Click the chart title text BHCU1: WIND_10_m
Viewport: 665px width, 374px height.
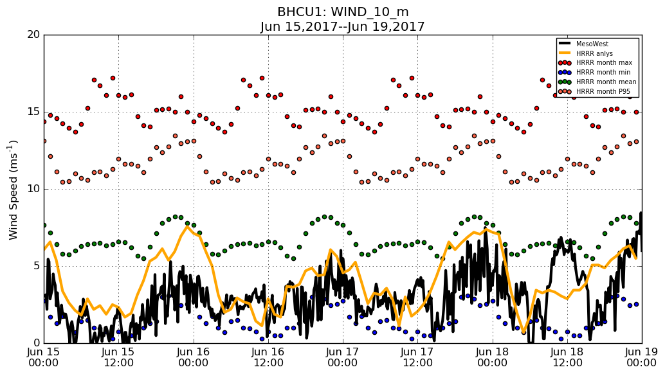342,12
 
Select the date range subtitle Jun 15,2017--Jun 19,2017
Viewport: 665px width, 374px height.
342,27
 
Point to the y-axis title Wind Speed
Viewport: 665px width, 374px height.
14,190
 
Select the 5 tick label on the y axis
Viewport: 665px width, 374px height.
35,266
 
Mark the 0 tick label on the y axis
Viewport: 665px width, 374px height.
35,343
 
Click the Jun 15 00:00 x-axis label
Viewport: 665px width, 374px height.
44,357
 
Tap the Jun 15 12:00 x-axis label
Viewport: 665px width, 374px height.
118,357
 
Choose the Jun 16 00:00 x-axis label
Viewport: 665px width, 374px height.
193,357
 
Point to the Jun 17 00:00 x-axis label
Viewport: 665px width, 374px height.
343,357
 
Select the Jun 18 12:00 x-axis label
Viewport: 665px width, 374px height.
567,357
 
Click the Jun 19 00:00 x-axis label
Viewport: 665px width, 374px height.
641,357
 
